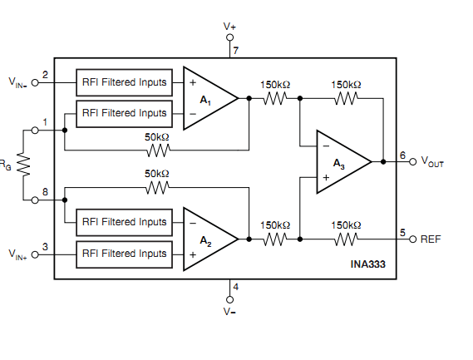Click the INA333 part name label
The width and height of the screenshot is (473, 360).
pos(367,264)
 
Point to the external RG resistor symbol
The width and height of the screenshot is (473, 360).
pos(23,165)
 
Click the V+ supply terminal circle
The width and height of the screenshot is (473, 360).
pos(229,37)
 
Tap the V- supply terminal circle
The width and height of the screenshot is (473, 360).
pos(229,299)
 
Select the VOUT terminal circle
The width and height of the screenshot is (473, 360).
pos(412,162)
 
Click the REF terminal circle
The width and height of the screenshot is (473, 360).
pos(412,239)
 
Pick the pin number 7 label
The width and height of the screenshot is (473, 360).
pos(236,51)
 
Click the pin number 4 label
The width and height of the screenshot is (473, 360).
pos(236,287)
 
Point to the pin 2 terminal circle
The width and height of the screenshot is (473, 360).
pos(35,82)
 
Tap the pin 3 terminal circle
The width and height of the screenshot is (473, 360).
pos(35,255)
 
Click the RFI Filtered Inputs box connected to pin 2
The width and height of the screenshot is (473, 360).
pos(125,82)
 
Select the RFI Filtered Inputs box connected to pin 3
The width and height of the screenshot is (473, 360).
pos(125,254)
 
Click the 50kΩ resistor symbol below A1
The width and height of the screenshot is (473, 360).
pos(159,150)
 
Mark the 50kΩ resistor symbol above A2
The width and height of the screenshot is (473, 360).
pos(157,188)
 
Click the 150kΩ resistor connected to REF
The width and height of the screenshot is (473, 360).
pos(347,239)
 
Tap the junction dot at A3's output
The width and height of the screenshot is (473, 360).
pos(383,162)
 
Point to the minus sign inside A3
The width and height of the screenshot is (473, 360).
pos(326,146)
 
